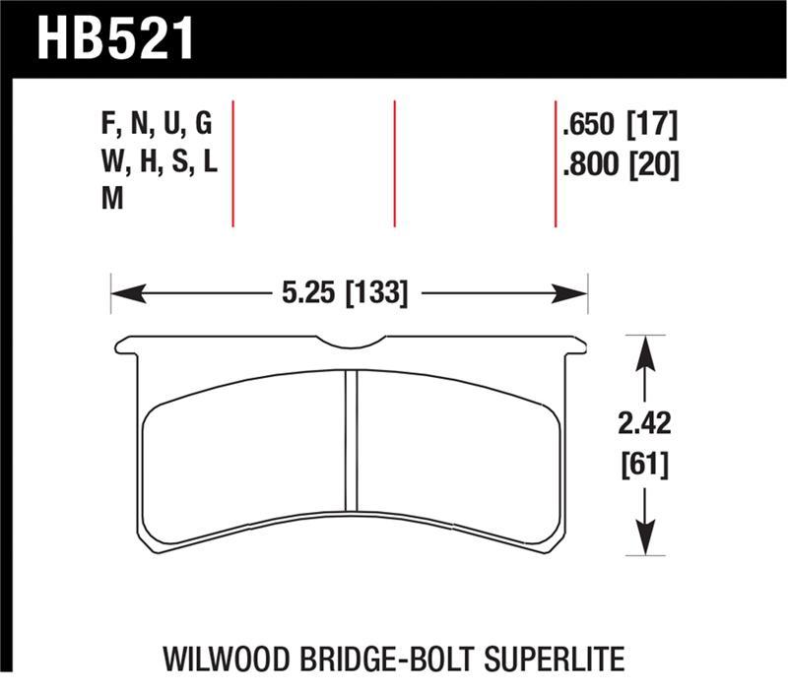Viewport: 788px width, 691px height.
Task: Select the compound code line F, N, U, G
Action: pos(157,125)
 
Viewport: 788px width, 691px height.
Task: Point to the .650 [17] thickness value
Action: pos(618,125)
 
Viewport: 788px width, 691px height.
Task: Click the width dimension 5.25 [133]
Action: pos(345,292)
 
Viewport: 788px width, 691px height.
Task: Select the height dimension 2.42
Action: pos(643,424)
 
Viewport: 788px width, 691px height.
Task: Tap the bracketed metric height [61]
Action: pos(643,463)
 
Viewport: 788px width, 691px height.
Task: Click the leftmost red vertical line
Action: pos(232,163)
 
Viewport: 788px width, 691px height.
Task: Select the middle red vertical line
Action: pos(394,163)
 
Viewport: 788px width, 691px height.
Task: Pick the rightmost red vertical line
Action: pos(556,163)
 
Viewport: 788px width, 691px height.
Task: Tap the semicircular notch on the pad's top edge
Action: pos(353,345)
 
